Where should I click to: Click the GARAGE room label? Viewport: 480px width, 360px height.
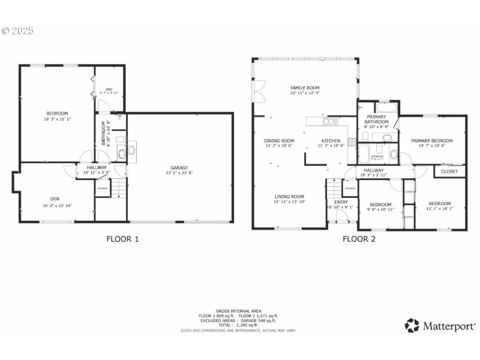coord(179,167)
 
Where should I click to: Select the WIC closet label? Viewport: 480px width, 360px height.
coord(109,88)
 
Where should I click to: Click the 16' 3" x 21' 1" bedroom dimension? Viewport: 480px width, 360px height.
coord(57,119)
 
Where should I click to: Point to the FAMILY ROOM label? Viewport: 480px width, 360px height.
coord(305,88)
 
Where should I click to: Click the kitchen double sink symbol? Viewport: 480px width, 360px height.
coord(329,122)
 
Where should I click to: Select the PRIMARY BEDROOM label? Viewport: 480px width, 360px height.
coord(431,140)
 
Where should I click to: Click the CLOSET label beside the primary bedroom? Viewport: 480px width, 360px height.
coord(449,172)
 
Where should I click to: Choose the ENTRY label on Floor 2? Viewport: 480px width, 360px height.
coord(341,202)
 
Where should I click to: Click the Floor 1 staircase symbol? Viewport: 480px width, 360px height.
coord(121,189)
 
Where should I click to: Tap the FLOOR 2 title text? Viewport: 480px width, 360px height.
coord(359,239)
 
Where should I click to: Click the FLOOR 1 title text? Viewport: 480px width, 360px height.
coord(122,239)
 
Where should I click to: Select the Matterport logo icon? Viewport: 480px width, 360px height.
coord(412,326)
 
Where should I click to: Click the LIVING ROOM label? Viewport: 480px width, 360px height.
coord(290,196)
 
